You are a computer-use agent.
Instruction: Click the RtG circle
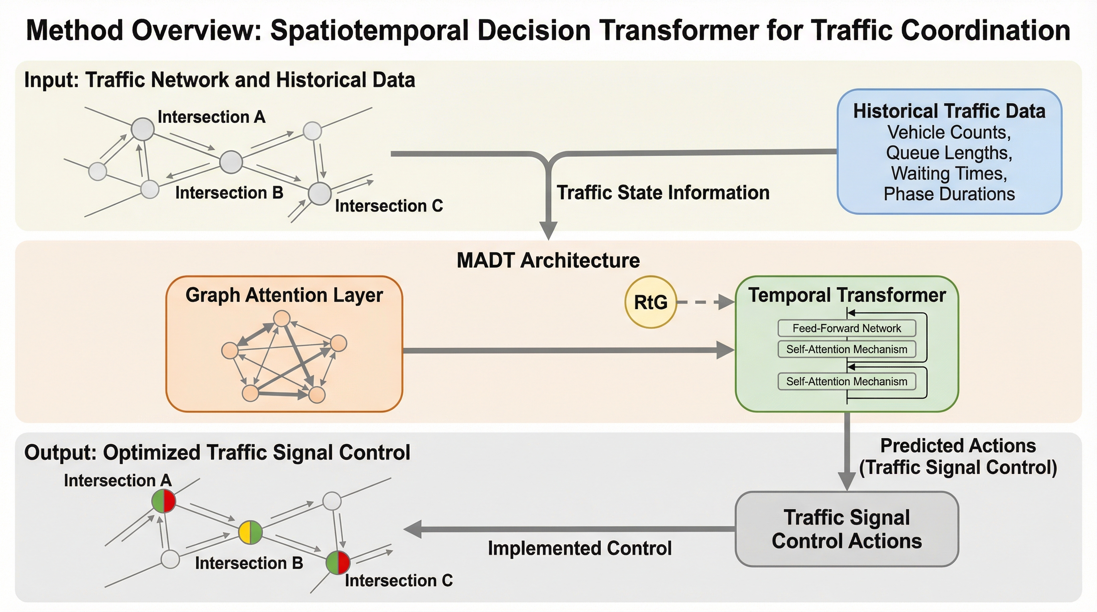(x=650, y=302)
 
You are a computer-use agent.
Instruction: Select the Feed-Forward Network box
(x=846, y=328)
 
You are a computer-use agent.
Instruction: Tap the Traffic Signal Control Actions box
(x=847, y=529)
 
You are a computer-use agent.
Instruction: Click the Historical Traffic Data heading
(x=949, y=111)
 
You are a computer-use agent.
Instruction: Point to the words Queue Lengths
(x=949, y=153)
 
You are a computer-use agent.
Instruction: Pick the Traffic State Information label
(x=663, y=192)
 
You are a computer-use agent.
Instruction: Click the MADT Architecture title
(x=548, y=261)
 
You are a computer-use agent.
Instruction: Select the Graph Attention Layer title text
(x=284, y=295)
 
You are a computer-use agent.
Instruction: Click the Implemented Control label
(x=580, y=548)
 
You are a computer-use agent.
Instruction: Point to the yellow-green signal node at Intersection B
(x=250, y=532)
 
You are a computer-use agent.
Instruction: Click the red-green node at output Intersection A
(x=163, y=501)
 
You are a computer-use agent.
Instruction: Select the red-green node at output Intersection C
(x=338, y=562)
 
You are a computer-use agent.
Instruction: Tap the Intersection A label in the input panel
(x=211, y=117)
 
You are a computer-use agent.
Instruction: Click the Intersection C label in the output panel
(x=399, y=581)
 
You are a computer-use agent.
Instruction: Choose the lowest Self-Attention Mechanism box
(x=846, y=381)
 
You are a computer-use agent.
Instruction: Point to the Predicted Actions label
(x=958, y=446)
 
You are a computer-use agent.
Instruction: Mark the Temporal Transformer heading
(x=847, y=295)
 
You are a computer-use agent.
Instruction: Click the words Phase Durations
(x=949, y=194)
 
